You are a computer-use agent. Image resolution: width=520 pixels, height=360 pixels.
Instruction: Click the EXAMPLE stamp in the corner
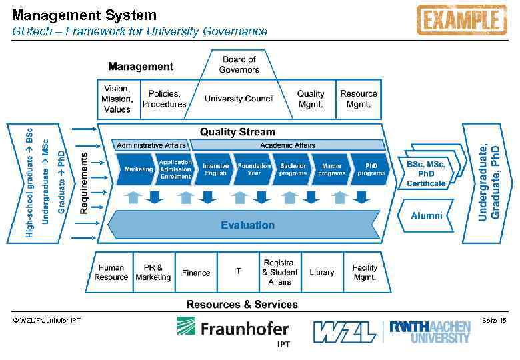point(461,20)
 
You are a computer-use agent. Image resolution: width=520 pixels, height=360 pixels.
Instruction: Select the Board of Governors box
point(239,65)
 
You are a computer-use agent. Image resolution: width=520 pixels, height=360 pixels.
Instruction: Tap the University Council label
point(239,99)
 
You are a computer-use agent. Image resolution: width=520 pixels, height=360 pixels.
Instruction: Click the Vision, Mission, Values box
point(117,99)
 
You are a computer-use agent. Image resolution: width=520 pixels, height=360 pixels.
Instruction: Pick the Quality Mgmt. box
point(310,99)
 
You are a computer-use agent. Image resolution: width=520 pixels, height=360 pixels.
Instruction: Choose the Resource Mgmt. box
point(359,99)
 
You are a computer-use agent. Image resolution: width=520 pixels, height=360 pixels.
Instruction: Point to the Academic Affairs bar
point(287,145)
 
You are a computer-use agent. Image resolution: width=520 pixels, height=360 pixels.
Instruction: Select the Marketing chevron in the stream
point(137,169)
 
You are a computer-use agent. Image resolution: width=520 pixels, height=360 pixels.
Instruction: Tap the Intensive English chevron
point(215,169)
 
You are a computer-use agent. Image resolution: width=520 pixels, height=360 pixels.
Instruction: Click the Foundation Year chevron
point(254,169)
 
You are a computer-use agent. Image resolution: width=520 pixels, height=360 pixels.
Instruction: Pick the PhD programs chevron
point(371,169)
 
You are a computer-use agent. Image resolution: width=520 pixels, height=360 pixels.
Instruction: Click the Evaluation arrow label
point(247,225)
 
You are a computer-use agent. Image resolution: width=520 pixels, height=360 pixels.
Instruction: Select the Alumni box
point(427,216)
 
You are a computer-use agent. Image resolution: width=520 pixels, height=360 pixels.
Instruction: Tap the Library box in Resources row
point(321,272)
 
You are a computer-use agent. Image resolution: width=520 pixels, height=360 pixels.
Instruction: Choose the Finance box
point(196,273)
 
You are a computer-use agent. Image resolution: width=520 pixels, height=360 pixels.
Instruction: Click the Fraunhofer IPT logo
point(233,331)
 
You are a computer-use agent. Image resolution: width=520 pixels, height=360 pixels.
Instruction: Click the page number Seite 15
point(495,321)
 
